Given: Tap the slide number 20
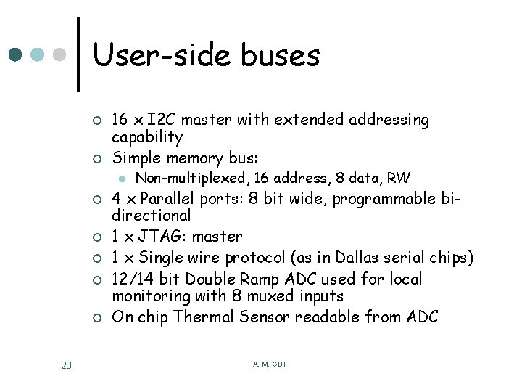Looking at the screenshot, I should [66, 365].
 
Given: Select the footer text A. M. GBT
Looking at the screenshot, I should [270, 364].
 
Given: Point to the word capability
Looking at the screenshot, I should [147, 137].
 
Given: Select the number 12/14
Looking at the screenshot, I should [130, 279].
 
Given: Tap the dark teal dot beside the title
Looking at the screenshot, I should [16, 54].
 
